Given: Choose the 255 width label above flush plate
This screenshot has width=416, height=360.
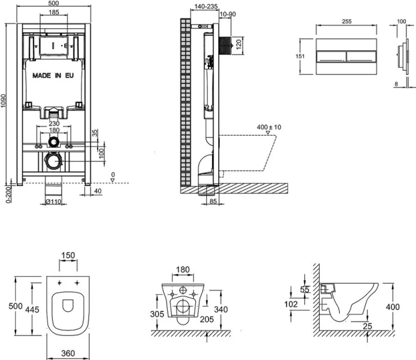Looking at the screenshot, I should click(x=346, y=20).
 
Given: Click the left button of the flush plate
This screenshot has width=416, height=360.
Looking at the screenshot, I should click(x=330, y=57).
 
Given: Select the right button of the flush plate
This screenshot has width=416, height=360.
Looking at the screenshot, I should click(x=361, y=57).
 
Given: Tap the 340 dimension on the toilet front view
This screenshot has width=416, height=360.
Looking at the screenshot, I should click(x=222, y=309).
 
